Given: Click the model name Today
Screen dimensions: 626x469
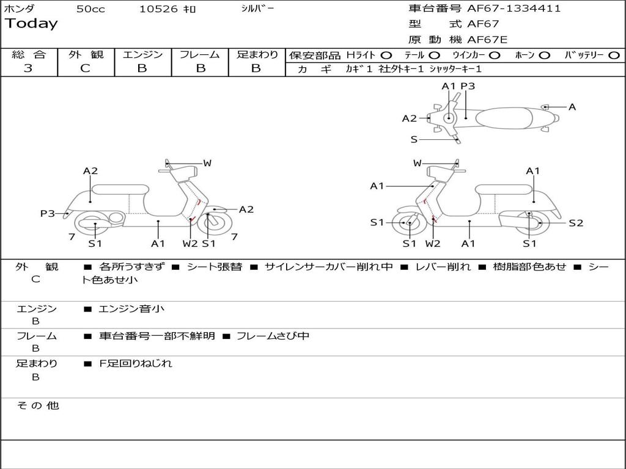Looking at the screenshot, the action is [31, 24].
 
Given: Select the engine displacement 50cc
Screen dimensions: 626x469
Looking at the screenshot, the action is [90, 9].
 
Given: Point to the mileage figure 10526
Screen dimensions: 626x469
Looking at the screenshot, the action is [158, 9].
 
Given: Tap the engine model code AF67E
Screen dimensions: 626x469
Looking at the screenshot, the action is [487, 40].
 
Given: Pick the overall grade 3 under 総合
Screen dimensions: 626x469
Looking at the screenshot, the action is [28, 68].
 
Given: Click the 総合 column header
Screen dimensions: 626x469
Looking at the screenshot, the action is [29, 55].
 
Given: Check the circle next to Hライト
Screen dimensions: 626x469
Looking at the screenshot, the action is [386, 56].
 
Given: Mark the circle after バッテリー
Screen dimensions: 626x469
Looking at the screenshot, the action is [614, 56].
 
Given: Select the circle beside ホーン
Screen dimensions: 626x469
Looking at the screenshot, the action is [544, 56].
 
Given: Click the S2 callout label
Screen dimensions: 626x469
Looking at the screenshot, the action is [576, 223].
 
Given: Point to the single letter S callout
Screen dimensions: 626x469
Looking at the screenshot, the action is [414, 140].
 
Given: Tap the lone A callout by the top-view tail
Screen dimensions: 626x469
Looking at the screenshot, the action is [572, 107].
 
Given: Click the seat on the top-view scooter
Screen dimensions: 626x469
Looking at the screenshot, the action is [504, 117].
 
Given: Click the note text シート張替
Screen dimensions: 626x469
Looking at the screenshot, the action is [214, 267].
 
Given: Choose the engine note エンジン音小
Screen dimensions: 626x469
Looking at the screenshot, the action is [132, 309].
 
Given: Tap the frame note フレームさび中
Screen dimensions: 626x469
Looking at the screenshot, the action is [273, 336].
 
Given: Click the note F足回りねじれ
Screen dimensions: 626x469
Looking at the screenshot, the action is [136, 363].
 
